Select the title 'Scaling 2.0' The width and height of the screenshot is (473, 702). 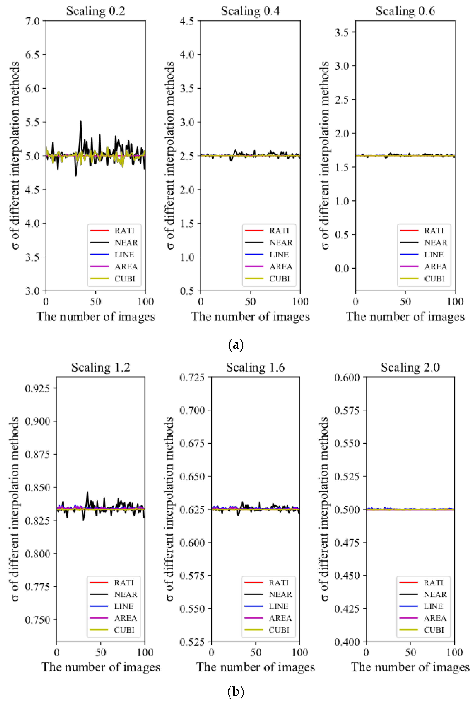coord(410,367)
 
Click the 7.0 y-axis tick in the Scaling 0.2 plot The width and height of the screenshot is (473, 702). coord(32,21)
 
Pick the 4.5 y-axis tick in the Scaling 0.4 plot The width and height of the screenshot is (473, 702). coord(187,21)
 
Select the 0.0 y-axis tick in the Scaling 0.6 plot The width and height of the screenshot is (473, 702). coord(342,268)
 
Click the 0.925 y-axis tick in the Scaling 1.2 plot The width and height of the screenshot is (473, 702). coord(37,388)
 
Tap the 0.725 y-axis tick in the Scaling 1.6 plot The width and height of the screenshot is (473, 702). coord(192,377)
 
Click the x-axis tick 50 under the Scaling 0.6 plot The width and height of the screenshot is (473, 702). coord(405,301)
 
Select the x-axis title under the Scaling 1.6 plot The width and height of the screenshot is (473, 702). coord(256,667)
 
